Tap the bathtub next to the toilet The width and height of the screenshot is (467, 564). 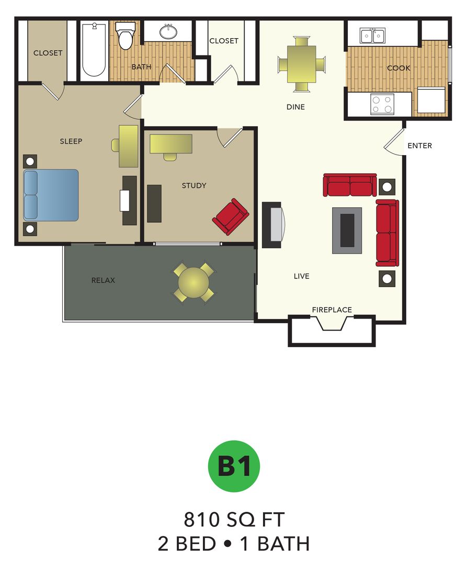pos(94,50)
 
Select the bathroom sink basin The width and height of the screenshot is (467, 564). pos(168,32)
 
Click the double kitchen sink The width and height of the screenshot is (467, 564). pos(372,36)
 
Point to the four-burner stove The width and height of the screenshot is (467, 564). pos(382,103)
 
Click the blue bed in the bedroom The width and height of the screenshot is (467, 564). pos(51,195)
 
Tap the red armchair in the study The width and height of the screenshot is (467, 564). pos(230,216)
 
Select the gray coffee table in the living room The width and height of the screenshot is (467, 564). pos(347,230)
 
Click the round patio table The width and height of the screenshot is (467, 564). pos(193,283)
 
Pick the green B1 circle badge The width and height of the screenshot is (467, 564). pos(234,466)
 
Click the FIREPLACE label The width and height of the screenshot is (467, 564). pos(332,310)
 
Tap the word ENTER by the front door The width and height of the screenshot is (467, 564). pos(419,146)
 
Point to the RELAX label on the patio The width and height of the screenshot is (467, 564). pos(103,280)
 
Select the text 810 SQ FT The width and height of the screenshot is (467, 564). pos(234,520)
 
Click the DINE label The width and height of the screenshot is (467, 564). pos(295,107)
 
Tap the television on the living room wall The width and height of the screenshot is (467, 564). pos(272,225)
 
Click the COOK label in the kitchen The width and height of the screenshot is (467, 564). pos(398,68)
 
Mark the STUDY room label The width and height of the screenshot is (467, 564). pos(194,185)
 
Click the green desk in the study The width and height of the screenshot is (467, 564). pos(170,144)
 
